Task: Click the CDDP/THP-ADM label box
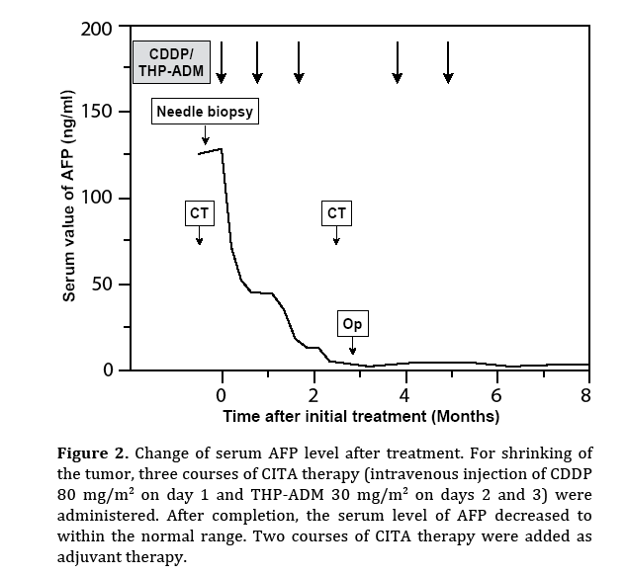pos(172,62)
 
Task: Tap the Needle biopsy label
pos(205,111)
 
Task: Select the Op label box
pos(352,324)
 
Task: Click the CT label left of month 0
pos(199,212)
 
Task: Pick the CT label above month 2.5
pos(337,212)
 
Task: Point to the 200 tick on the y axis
pos(98,28)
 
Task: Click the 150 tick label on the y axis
pos(98,112)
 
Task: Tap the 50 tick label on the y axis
pos(103,285)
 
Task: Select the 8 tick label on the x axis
pos(585,395)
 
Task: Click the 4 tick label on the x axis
pos(405,395)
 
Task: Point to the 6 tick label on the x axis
pos(496,395)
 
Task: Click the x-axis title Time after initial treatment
pos(360,416)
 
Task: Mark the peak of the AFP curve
pos(222,149)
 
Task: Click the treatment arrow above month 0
pos(223,62)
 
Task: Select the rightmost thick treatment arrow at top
pos(448,62)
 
